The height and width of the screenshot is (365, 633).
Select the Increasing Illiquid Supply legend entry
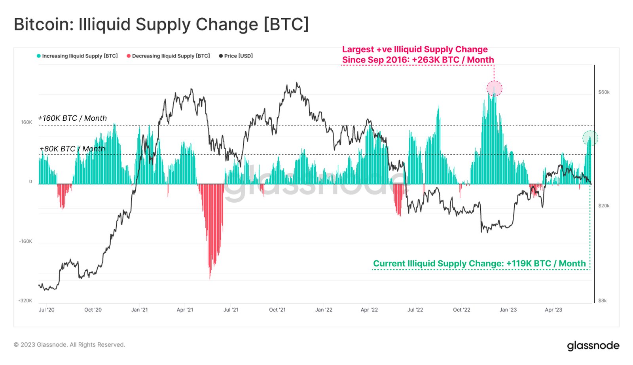coord(77,56)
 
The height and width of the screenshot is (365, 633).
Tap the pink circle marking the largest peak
coord(494,88)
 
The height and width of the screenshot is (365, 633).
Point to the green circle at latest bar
coord(590,138)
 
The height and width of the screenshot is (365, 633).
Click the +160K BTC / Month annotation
coord(72,118)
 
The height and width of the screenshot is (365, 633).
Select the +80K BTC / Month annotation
coord(72,149)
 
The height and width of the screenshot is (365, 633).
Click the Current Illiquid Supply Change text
coord(479,263)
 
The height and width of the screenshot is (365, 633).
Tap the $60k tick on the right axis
coord(604,92)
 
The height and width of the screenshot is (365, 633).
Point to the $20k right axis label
coord(604,206)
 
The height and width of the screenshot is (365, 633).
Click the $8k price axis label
coord(602,301)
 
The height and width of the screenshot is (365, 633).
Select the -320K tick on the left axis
coord(25,301)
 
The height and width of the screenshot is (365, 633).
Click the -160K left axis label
coord(26,241)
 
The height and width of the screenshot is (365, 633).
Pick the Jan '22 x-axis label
coord(324,310)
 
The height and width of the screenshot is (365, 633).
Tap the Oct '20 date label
coord(93,310)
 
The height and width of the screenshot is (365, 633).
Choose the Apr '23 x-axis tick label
coord(553,310)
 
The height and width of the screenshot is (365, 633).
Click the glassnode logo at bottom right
coord(593,346)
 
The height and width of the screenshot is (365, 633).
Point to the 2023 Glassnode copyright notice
coord(70,345)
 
